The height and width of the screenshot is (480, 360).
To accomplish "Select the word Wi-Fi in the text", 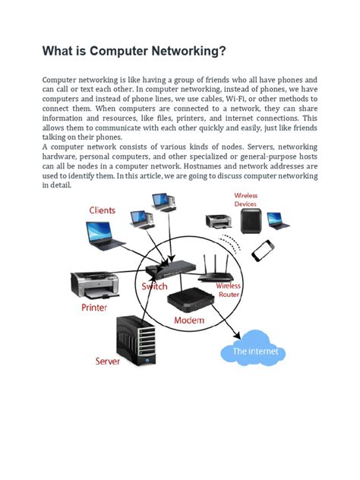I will click(231, 99).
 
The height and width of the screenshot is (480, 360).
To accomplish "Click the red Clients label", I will click(103, 210).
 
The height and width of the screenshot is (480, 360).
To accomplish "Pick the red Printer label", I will click(94, 308).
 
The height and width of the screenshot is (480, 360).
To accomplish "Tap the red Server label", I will click(108, 362).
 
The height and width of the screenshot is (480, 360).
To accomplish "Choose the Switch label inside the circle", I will click(155, 286).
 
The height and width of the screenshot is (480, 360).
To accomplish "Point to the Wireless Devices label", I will click(245, 200).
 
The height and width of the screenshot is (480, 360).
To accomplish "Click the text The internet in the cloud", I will click(255, 352).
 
